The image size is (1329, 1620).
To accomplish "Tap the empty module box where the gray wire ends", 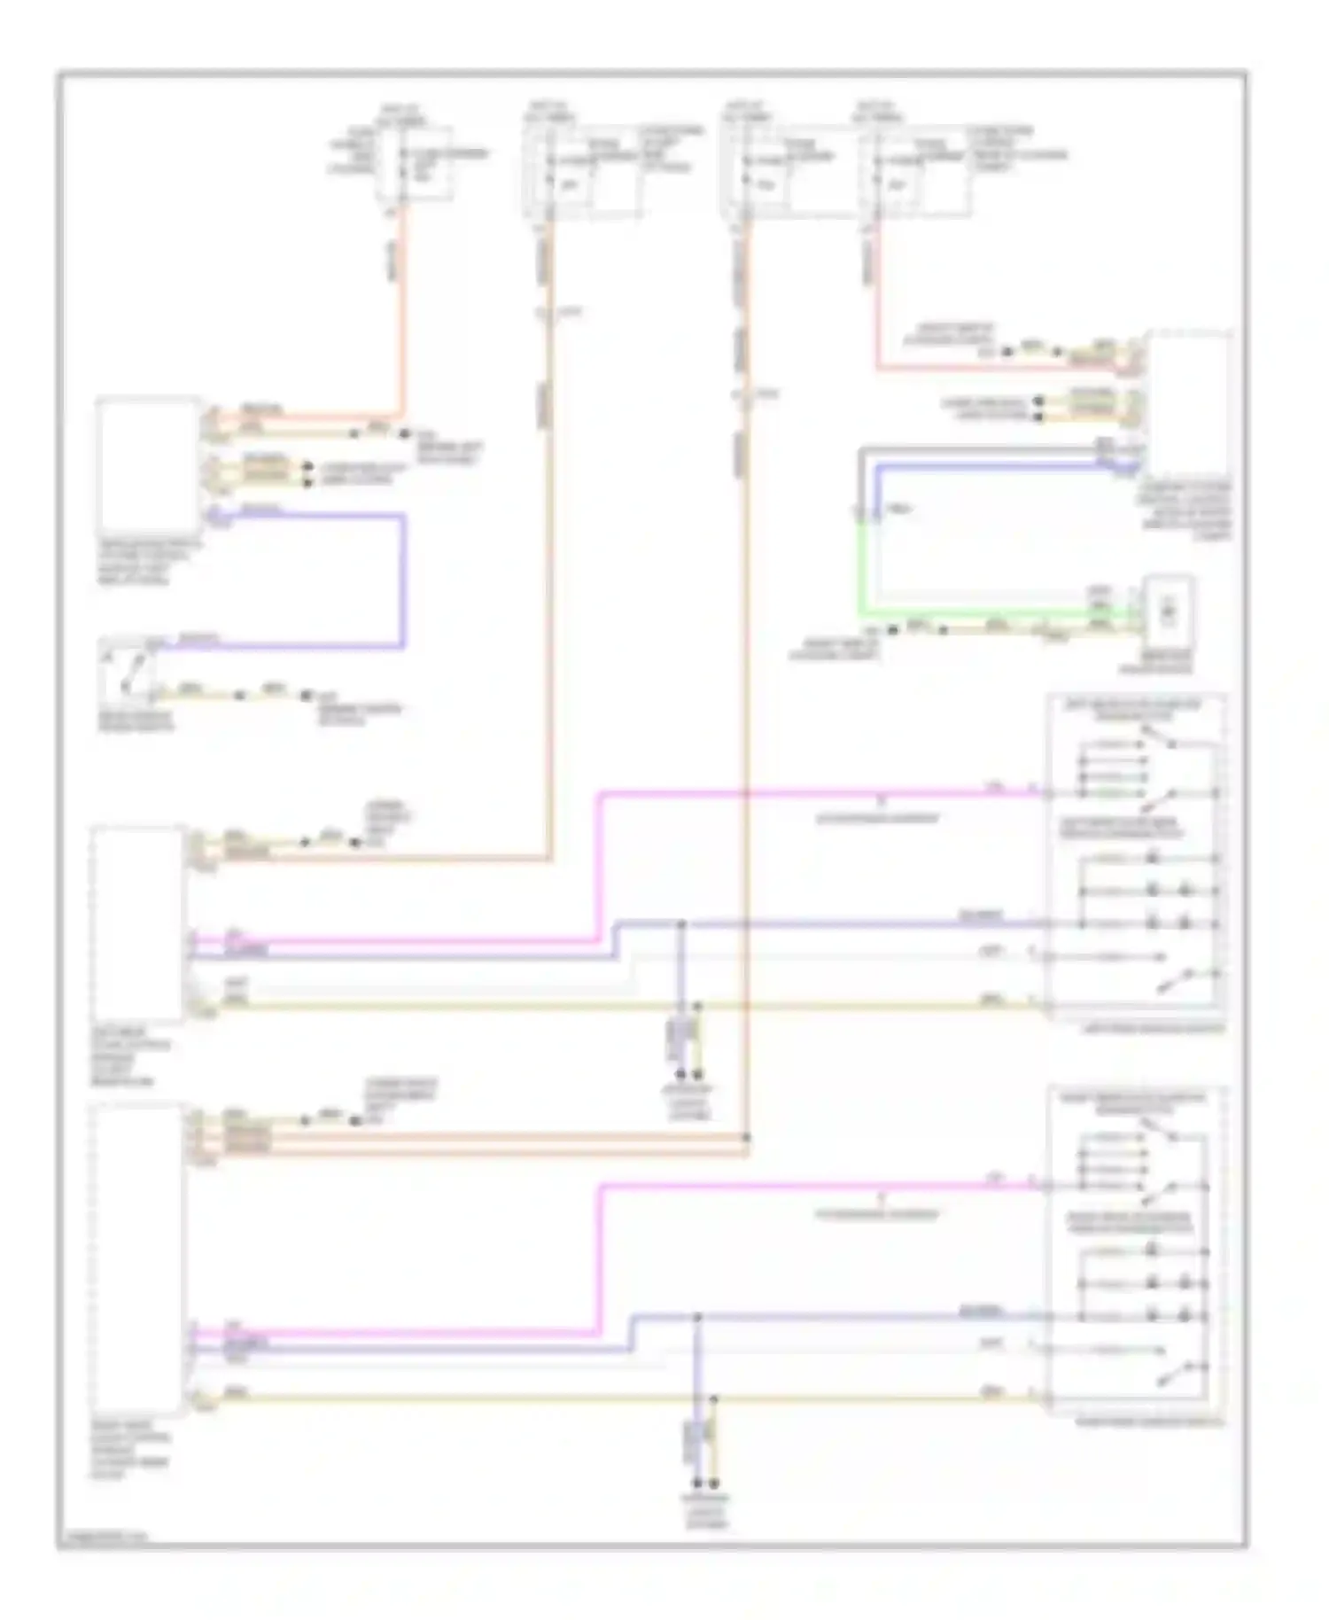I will (x=1187, y=403).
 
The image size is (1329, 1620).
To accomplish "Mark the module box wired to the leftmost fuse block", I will (x=148, y=464).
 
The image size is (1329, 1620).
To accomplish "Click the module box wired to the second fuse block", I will (x=137, y=922).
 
